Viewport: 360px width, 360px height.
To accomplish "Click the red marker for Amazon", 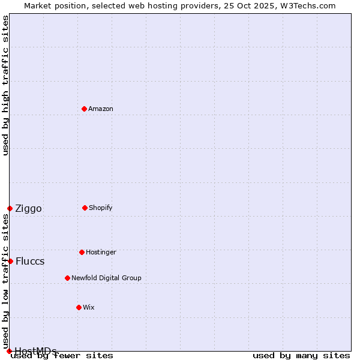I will (x=84, y=109).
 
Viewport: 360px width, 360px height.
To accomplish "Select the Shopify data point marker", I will (x=85, y=208).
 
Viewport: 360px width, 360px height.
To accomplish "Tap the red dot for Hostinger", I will (x=82, y=252).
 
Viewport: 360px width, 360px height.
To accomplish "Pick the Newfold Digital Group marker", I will (x=67, y=278).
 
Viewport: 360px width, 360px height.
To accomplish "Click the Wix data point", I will (x=79, y=307).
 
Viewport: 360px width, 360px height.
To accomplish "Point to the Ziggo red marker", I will (x=10, y=208).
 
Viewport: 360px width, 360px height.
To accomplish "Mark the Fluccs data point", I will (x=10, y=261).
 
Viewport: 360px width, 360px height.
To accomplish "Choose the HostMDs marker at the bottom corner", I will (x=9, y=351).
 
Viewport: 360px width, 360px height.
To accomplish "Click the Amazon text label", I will (x=101, y=109).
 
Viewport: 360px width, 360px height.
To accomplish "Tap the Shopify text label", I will (x=101, y=208).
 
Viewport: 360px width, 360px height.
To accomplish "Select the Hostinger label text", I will (x=101, y=252).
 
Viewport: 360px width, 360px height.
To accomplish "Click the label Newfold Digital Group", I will (x=106, y=278).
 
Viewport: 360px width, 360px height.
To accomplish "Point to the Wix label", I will (x=89, y=307).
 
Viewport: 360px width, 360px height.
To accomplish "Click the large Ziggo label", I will (x=28, y=209).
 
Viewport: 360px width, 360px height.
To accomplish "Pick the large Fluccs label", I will (x=30, y=262).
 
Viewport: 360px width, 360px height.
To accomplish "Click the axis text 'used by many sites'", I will (x=301, y=356).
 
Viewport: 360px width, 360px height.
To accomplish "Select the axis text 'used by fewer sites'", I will (x=62, y=356).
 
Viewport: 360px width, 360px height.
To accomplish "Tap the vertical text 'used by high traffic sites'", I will (x=5, y=85).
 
